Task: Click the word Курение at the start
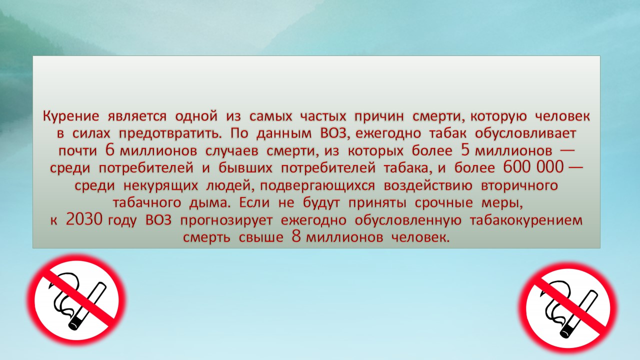point(71,117)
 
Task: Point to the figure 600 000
point(533,167)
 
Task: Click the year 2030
point(84,219)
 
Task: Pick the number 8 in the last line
point(296,236)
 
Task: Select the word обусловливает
point(525,133)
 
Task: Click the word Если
point(254,203)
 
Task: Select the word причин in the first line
point(379,117)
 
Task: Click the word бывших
point(245,168)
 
